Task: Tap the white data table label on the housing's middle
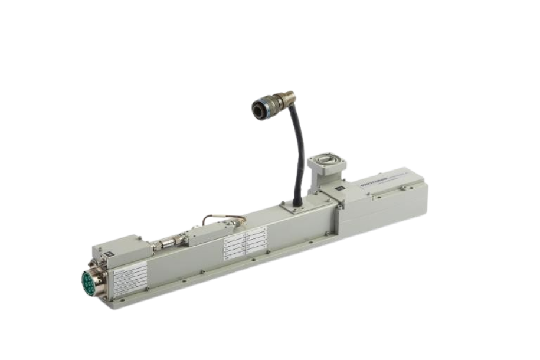(x=243, y=243)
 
